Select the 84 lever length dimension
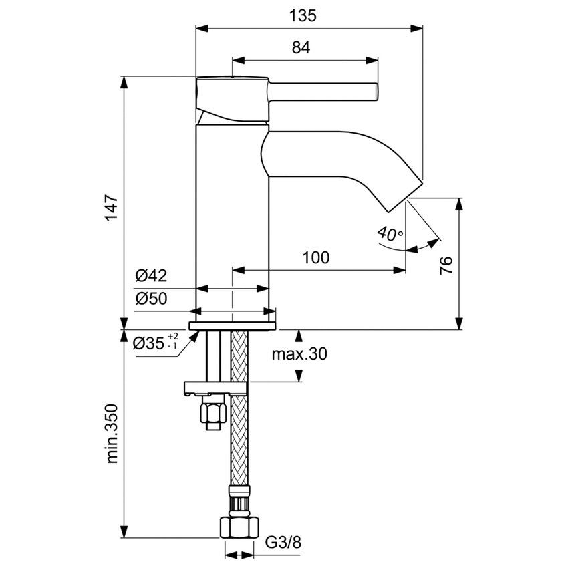[x=301, y=47]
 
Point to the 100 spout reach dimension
[x=316, y=258]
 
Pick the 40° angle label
[x=390, y=233]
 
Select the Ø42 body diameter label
[x=150, y=275]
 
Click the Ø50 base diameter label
[x=150, y=298]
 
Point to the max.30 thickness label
[x=299, y=355]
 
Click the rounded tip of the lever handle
[x=376, y=92]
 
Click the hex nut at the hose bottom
[x=239, y=528]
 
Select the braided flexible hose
[x=239, y=434]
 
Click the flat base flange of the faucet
[x=232, y=325]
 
